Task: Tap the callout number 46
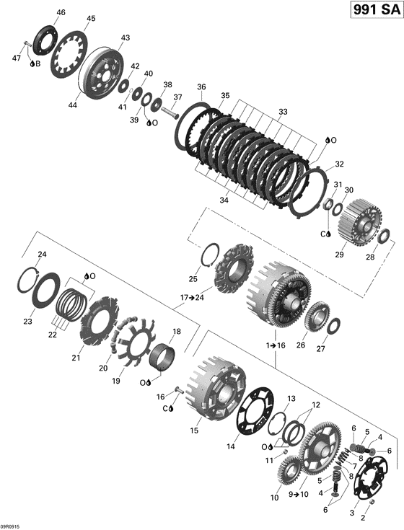[x=60, y=12]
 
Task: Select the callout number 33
[x=282, y=112]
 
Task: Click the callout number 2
[x=362, y=517]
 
